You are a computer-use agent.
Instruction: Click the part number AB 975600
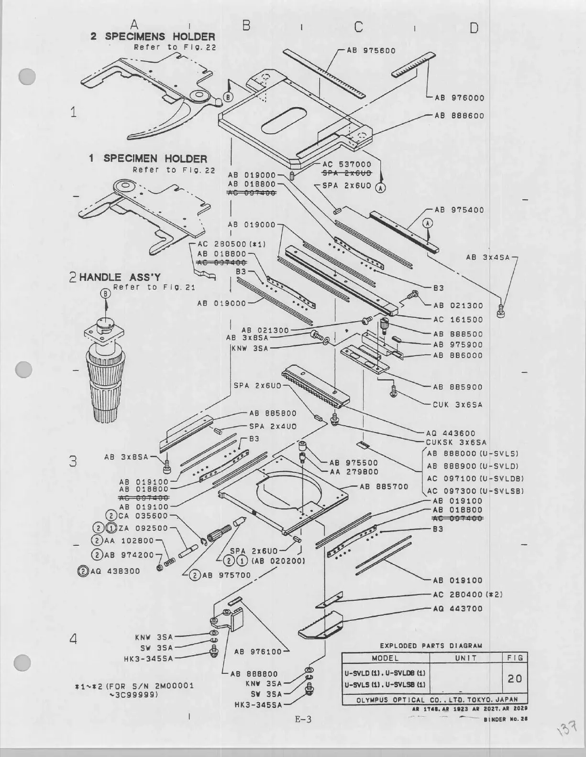click(x=371, y=50)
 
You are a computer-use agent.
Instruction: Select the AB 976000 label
click(x=459, y=98)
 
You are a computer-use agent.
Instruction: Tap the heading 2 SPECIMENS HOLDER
click(x=153, y=36)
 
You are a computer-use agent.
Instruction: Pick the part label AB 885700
click(x=384, y=487)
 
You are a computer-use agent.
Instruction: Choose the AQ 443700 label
click(x=457, y=609)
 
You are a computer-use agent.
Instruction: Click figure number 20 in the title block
click(x=515, y=678)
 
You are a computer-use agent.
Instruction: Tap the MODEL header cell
click(x=385, y=658)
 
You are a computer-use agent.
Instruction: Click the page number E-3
click(x=302, y=720)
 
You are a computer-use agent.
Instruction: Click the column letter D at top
click(x=473, y=28)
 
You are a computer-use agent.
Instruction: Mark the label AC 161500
click(x=458, y=320)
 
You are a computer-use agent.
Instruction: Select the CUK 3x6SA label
click(x=457, y=405)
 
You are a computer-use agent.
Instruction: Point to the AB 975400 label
click(x=459, y=210)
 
